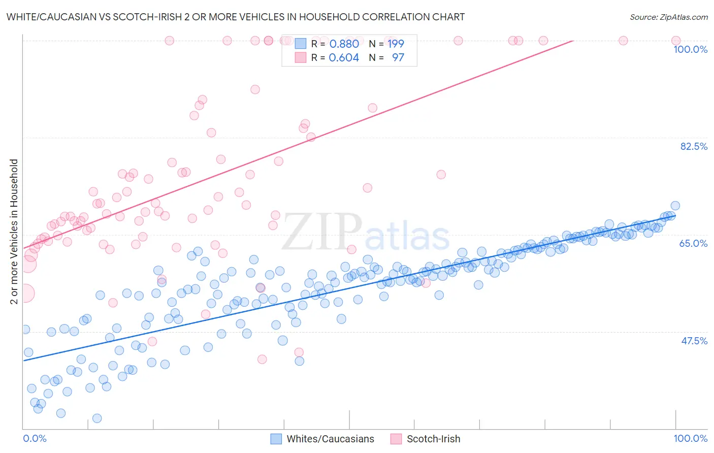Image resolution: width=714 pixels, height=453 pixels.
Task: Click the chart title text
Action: tap(235, 17)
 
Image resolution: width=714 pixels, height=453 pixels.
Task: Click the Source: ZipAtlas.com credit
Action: tap(668, 17)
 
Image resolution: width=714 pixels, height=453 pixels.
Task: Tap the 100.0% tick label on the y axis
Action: tap(690, 49)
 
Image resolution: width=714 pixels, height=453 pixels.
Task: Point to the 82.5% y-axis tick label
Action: tap(694, 146)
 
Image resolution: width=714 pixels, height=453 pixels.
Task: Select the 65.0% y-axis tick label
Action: tap(693, 243)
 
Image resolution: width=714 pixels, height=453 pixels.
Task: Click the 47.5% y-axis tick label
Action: tap(694, 341)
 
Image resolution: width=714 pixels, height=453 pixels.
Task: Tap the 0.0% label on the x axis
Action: tap(35, 438)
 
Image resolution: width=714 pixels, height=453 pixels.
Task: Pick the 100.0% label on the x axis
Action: tap(690, 438)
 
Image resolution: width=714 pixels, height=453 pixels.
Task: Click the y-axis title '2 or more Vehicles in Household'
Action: tap(14, 232)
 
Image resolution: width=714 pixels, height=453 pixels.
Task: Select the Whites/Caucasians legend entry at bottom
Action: tap(330, 439)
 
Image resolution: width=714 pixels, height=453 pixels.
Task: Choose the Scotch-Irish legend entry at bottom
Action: tap(433, 439)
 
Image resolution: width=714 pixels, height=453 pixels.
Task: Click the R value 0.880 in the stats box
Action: tap(344, 44)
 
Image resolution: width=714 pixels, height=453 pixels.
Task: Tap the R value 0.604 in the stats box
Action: tap(344, 57)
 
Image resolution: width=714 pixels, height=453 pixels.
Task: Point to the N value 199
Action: tap(396, 44)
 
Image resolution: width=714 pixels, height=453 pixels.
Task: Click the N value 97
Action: tap(398, 57)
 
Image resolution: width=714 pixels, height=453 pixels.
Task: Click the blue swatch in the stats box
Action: tap(301, 44)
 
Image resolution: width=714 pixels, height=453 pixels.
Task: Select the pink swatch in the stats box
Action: tap(301, 57)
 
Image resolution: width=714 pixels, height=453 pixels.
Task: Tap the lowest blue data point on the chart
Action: tap(97, 418)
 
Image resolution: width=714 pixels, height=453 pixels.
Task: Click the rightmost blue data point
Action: tap(675, 206)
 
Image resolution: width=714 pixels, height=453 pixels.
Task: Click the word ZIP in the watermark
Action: tap(321, 232)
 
